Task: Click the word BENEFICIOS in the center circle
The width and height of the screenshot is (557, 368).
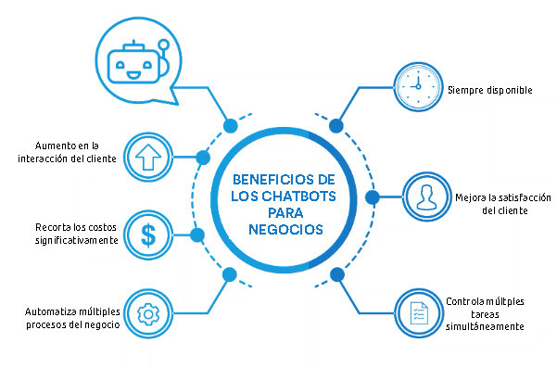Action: (x=265, y=178)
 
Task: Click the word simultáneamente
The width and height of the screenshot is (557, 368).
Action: (x=485, y=326)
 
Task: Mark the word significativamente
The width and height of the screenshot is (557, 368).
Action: (x=76, y=239)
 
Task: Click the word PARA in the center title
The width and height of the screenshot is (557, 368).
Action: (x=275, y=211)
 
